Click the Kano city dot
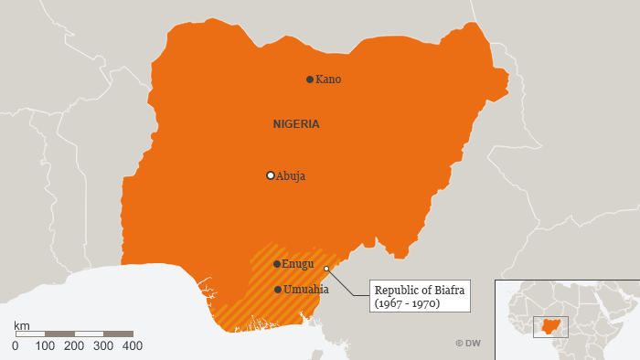(310, 79)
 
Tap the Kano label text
(328, 79)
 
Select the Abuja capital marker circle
(270, 175)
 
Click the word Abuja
(291, 176)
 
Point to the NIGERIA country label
(296, 124)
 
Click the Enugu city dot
(277, 264)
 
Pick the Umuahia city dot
(278, 290)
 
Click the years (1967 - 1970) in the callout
(408, 303)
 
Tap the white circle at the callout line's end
(326, 268)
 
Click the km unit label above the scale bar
(22, 325)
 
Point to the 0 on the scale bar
(16, 346)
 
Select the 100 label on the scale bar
(45, 346)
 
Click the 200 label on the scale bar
(74, 346)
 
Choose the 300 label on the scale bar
(103, 346)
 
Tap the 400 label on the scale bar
(133, 346)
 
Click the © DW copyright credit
(467, 344)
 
